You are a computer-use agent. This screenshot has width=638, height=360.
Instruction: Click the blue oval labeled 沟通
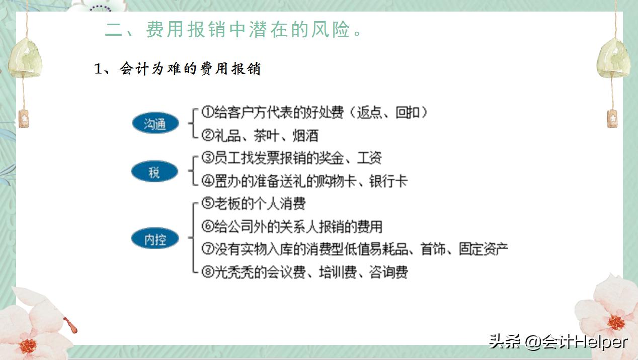(155, 123)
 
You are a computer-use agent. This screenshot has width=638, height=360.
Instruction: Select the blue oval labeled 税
(154, 172)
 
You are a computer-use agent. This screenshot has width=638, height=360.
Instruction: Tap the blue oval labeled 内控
(155, 239)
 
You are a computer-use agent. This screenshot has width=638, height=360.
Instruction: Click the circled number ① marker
(207, 112)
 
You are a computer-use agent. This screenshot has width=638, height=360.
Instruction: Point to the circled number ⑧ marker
(207, 272)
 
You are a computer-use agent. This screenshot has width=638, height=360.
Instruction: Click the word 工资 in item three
(369, 158)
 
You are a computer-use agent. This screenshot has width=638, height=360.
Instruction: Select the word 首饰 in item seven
(433, 249)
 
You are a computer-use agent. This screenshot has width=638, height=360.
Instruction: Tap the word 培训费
(338, 272)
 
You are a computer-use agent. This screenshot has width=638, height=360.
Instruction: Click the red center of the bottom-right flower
(615, 323)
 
